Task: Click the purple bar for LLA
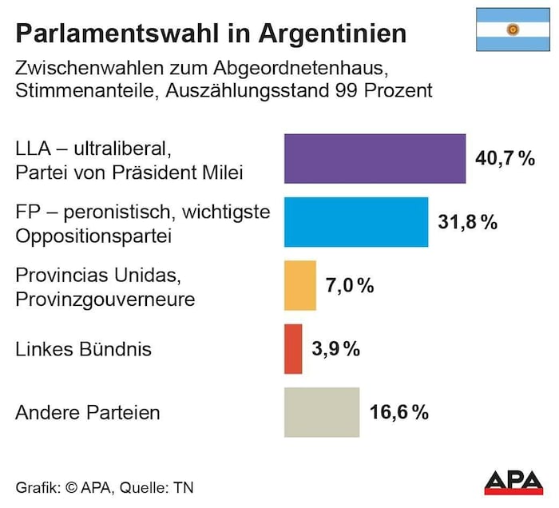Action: tap(375, 159)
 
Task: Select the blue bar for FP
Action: tap(356, 222)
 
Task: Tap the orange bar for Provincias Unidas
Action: tap(300, 285)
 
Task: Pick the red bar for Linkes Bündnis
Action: tap(293, 348)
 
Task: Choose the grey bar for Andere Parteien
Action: tap(322, 412)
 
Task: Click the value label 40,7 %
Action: tap(505, 159)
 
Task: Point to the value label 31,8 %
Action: tap(467, 222)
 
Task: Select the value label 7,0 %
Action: tap(350, 285)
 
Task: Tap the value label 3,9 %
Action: tap(335, 348)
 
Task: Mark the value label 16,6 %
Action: tap(399, 412)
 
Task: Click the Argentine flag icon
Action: tap(512, 30)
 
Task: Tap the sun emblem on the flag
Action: tap(512, 30)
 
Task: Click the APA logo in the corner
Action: tap(516, 482)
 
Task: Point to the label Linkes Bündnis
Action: tap(84, 349)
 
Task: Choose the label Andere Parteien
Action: tap(88, 413)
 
